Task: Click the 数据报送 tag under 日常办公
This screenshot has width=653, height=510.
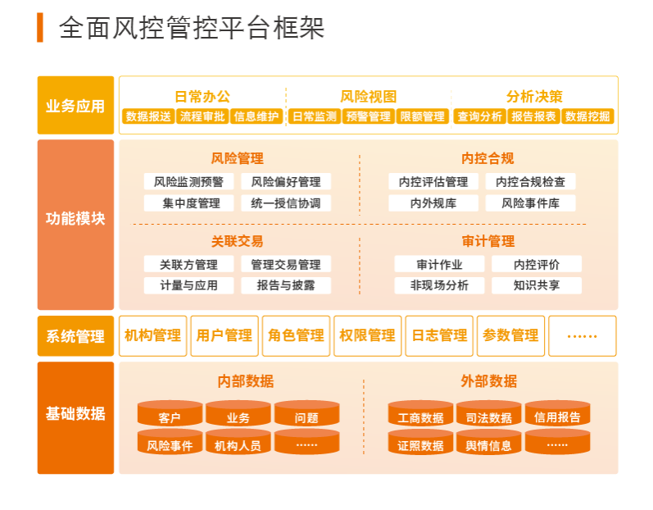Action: pyautogui.click(x=148, y=116)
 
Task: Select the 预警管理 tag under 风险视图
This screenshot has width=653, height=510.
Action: pyautogui.click(x=368, y=116)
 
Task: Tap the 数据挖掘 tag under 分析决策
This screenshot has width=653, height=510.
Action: pyautogui.click(x=587, y=116)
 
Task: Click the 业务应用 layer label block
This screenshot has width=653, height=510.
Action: pyautogui.click(x=75, y=105)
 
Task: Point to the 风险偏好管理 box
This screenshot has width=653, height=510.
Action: pyautogui.click(x=286, y=182)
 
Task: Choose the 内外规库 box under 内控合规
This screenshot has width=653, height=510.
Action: pyautogui.click(x=433, y=203)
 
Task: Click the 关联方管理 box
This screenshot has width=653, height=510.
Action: pyautogui.click(x=188, y=264)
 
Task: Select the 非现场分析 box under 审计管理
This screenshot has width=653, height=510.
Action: pyautogui.click(x=439, y=285)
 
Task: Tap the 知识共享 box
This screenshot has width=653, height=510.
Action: pyautogui.click(x=537, y=285)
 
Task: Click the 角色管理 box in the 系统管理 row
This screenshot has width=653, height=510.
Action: pyautogui.click(x=296, y=336)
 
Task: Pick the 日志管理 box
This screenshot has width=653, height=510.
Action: pyautogui.click(x=439, y=336)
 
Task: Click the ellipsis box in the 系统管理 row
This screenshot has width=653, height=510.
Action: pyautogui.click(x=583, y=336)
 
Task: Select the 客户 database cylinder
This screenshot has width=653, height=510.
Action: pyautogui.click(x=170, y=413)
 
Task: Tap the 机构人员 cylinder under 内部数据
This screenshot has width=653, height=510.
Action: pyautogui.click(x=238, y=441)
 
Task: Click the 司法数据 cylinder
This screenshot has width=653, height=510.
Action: pyautogui.click(x=488, y=413)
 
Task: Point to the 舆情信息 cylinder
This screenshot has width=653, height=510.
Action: pyautogui.click(x=488, y=441)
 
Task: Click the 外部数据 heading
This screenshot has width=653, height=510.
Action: pyautogui.click(x=488, y=381)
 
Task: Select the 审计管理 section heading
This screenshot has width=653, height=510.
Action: pyautogui.click(x=488, y=241)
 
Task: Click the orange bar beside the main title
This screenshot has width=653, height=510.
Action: pyautogui.click(x=40, y=28)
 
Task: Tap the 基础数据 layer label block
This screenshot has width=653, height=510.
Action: pyautogui.click(x=75, y=418)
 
